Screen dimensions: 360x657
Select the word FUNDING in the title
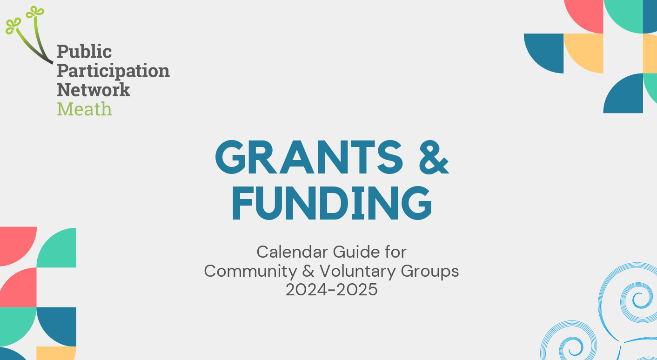pyautogui.click(x=332, y=204)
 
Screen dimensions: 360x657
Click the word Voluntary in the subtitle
pyautogui.click(x=350, y=271)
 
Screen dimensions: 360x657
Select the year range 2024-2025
pyautogui.click(x=331, y=289)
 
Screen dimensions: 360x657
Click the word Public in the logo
pyautogui.click(x=84, y=52)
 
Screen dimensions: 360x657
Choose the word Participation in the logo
pyautogui.click(x=113, y=71)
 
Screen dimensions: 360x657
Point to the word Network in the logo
pyautogui.click(x=94, y=90)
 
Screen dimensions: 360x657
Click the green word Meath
pyautogui.click(x=84, y=109)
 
